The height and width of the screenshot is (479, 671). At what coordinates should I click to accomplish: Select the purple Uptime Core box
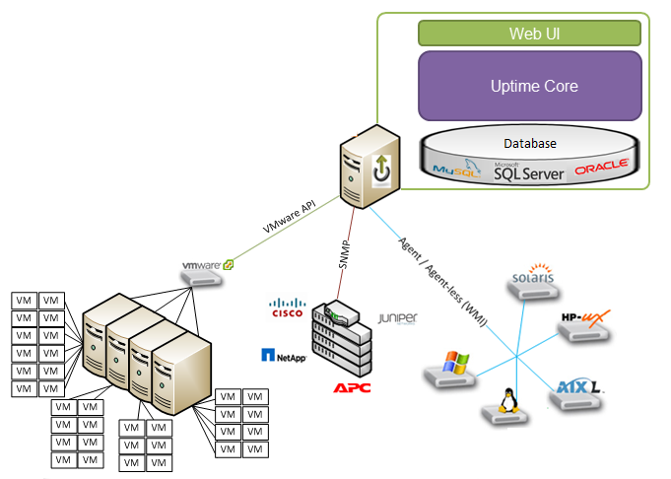pos(529,87)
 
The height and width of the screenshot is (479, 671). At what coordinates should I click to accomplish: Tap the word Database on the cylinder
pos(530,144)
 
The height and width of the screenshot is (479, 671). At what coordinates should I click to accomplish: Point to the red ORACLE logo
pos(602,169)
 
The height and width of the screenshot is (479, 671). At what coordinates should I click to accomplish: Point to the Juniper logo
pos(398,318)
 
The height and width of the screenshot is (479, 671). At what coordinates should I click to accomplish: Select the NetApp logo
pos(284,355)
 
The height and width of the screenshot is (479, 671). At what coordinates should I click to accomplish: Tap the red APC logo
pos(352,387)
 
